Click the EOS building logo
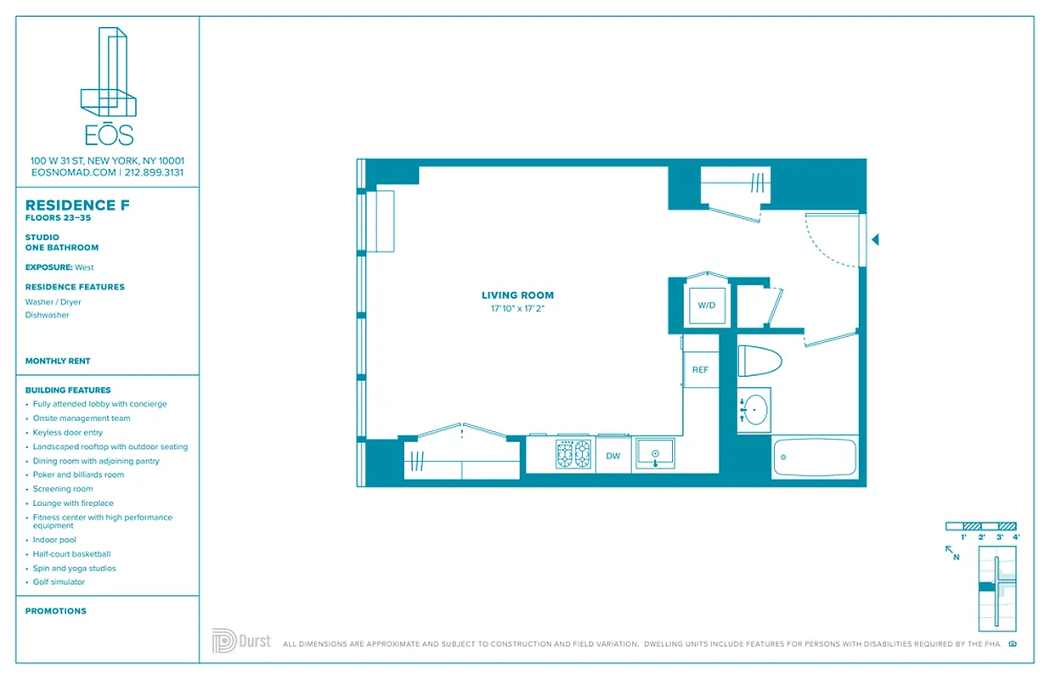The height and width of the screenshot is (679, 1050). tap(107, 85)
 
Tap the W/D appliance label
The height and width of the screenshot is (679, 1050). tap(707, 305)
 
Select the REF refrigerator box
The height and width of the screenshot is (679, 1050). tap(701, 370)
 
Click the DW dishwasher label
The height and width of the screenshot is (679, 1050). tap(613, 456)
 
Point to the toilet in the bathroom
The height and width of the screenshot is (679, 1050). tap(759, 361)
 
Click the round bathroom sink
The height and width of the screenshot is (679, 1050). tap(754, 410)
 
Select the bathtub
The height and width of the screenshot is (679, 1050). tap(815, 457)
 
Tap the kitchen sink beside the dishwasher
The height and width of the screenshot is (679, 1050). tap(655, 453)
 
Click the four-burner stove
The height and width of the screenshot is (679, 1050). tap(573, 454)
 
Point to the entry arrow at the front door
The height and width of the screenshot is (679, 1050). tap(875, 240)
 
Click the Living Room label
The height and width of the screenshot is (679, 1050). tap(517, 295)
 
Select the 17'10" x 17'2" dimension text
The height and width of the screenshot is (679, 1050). tap(517, 309)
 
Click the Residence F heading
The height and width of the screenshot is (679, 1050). tap(71, 205)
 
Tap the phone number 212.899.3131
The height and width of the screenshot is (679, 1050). tap(154, 172)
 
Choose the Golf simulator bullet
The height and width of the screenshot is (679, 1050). tap(59, 582)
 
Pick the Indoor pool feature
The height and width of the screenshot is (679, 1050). tap(54, 540)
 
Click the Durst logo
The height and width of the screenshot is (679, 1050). tap(241, 641)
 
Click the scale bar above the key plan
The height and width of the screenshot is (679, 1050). tap(981, 526)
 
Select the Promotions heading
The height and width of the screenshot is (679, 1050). tap(56, 611)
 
